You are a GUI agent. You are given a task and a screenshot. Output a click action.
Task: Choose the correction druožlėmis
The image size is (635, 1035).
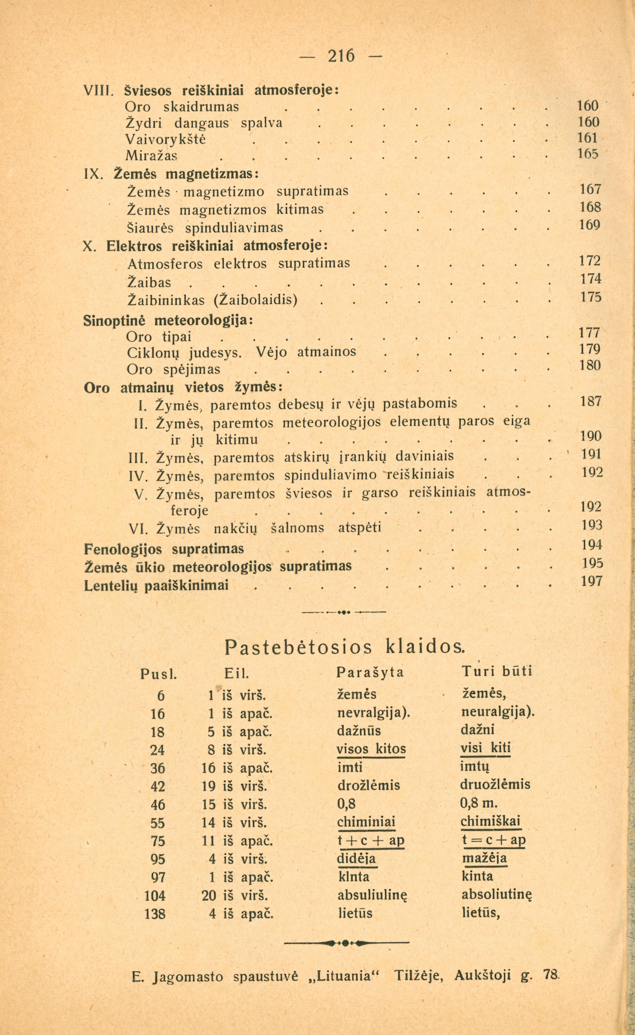coord(495,784)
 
